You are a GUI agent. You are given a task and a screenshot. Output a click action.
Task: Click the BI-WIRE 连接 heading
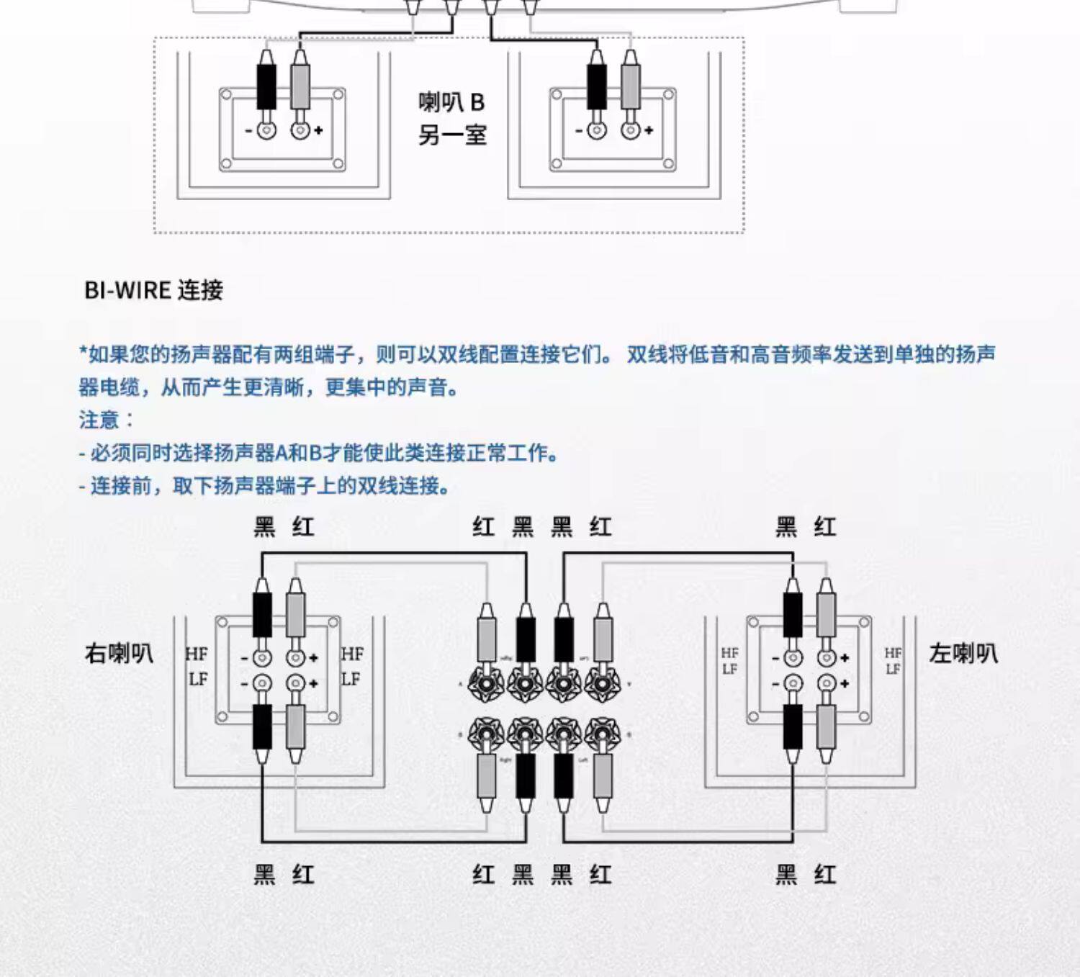click(153, 290)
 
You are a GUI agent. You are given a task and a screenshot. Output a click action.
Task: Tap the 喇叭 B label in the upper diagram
click(452, 102)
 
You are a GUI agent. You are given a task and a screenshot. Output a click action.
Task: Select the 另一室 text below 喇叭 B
click(452, 135)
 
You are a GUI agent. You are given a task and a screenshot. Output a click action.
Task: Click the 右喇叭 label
click(119, 653)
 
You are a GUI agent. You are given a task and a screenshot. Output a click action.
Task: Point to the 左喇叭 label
click(963, 653)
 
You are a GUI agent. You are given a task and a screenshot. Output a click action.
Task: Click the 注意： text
click(106, 420)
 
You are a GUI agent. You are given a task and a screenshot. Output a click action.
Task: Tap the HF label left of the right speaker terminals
click(197, 654)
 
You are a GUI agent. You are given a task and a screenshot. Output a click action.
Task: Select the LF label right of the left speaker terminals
click(893, 670)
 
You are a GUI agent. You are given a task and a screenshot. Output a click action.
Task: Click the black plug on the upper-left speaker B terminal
click(266, 86)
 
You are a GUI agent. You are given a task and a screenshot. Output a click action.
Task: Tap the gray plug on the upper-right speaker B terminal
click(631, 86)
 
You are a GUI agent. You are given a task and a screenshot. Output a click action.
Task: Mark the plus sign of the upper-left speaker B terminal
click(318, 130)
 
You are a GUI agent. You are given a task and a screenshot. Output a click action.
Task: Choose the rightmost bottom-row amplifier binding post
click(602, 734)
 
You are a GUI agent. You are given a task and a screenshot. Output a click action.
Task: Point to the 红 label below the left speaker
click(825, 875)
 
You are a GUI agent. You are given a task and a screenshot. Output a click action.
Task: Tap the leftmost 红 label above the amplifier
click(484, 527)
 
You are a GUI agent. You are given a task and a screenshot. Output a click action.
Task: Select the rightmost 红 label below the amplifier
click(600, 875)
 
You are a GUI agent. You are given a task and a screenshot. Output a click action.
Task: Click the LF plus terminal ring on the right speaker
click(295, 683)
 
